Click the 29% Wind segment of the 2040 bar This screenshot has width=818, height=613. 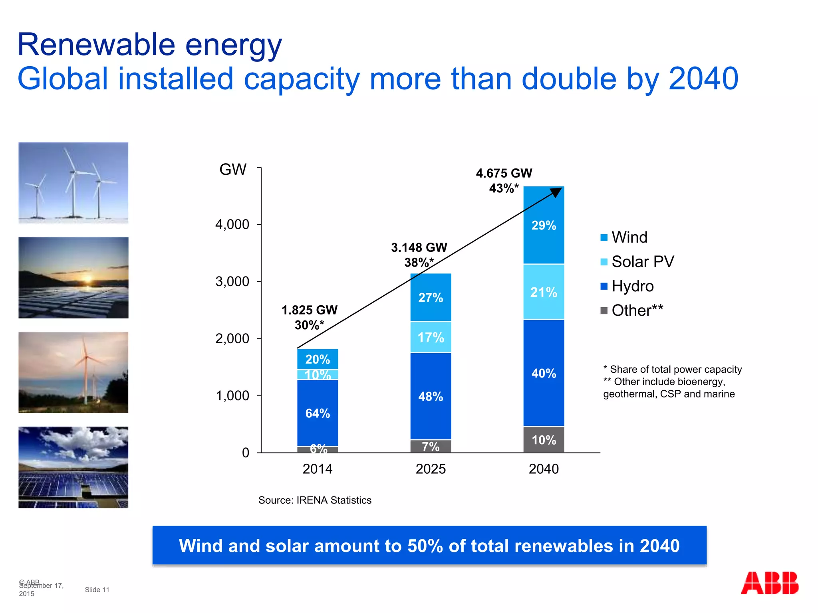544,225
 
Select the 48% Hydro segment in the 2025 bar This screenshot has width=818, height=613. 431,396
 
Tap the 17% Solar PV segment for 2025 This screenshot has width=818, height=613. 431,338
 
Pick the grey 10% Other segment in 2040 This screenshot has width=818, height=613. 544,440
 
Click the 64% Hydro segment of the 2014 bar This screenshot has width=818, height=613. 318,413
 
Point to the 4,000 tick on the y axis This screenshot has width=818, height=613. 232,224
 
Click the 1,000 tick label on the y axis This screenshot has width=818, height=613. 232,395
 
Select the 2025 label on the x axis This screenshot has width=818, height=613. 431,469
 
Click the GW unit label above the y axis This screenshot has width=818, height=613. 233,170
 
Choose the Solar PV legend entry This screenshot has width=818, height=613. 642,262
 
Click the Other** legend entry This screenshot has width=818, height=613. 637,310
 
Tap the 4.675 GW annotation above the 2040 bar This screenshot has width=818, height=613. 504,173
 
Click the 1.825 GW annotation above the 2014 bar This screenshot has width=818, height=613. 310,310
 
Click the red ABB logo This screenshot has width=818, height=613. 769,583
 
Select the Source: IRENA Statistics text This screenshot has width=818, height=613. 315,500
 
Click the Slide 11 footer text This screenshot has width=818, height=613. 97,589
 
